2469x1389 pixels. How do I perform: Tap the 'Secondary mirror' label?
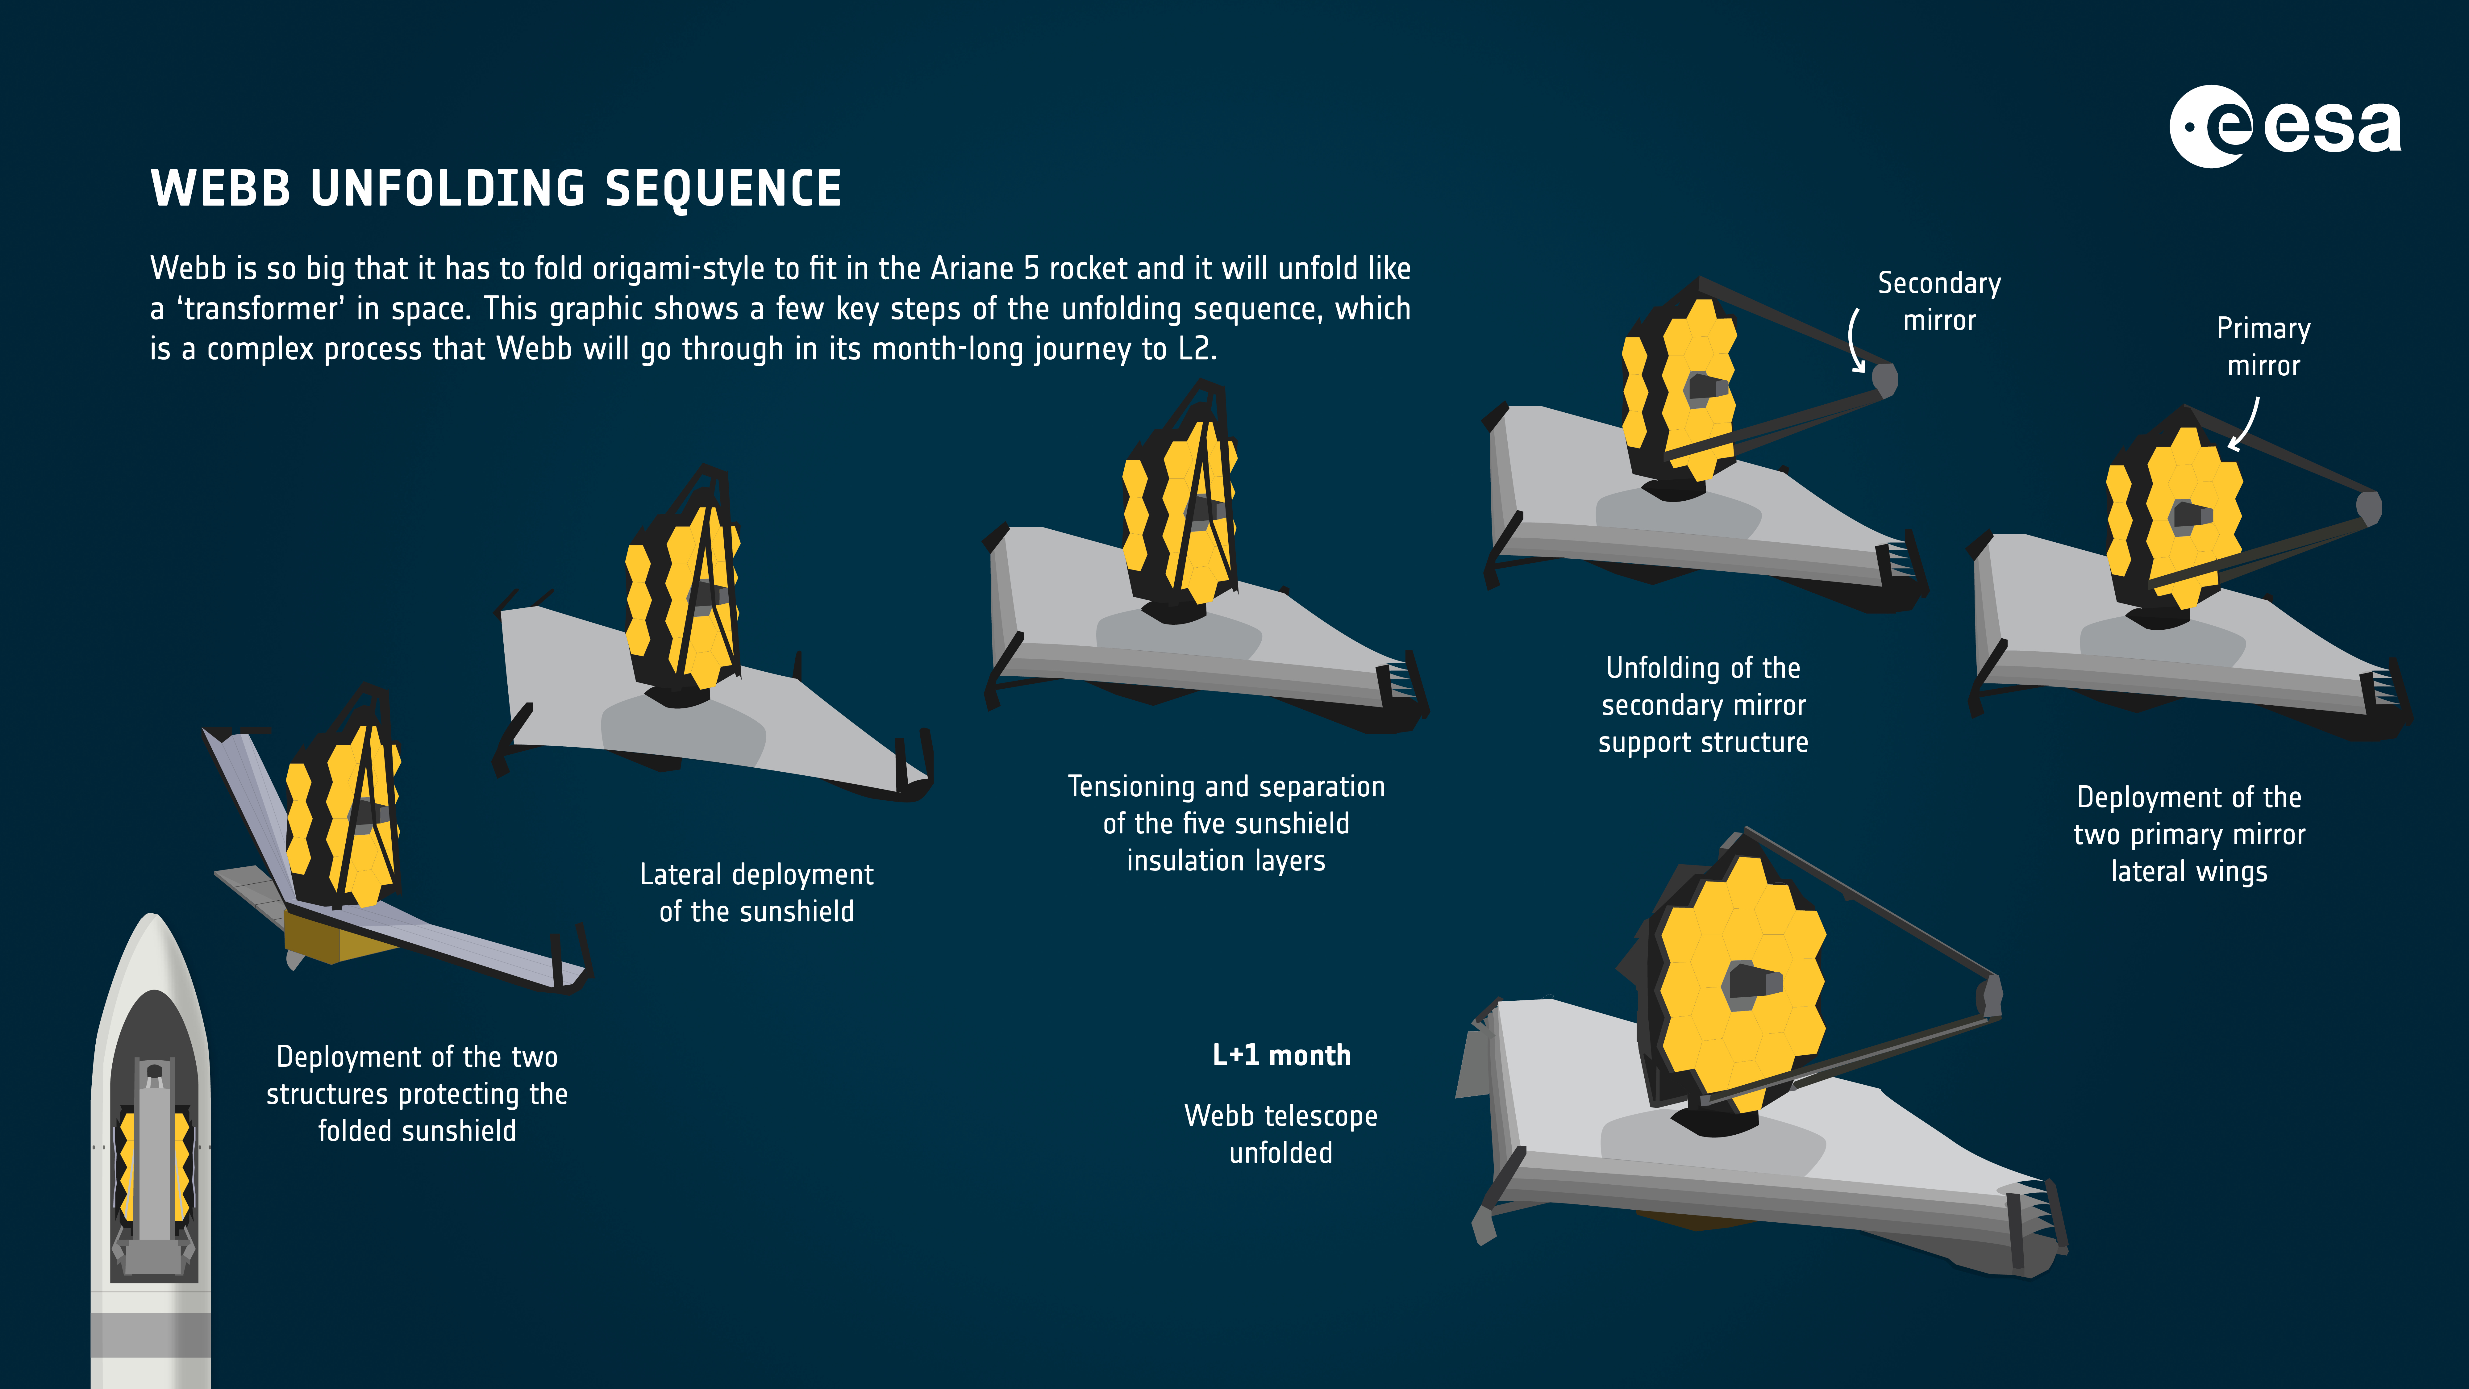click(x=1939, y=301)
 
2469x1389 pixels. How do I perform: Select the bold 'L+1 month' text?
click(x=1281, y=1055)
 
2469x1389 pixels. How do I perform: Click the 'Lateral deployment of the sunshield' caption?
click(x=756, y=892)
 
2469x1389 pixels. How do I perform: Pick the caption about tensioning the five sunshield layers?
click(x=1226, y=824)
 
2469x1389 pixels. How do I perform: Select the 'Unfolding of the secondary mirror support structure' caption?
click(x=1703, y=705)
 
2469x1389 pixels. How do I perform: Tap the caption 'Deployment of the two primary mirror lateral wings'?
click(x=2189, y=834)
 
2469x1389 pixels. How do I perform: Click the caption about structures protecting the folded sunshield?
click(x=417, y=1094)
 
